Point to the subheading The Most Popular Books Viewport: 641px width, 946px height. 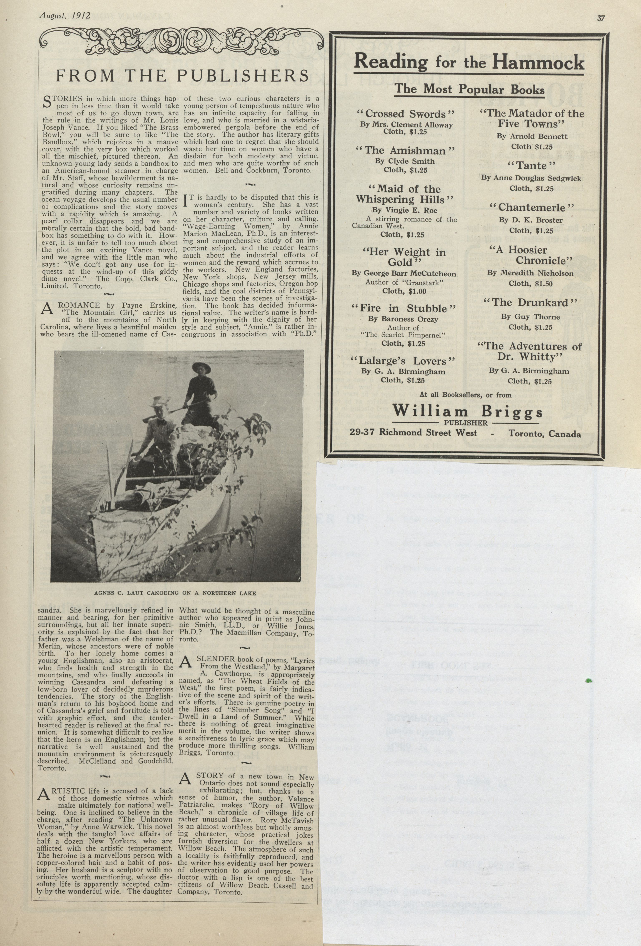coord(469,89)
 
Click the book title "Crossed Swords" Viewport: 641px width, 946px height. coord(405,114)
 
